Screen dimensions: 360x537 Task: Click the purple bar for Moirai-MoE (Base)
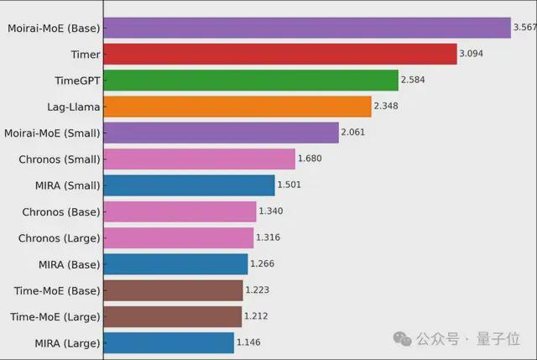(x=306, y=29)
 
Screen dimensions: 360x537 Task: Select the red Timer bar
(x=279, y=55)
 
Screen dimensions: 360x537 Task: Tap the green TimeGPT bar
(x=250, y=81)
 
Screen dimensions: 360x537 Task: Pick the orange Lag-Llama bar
(x=237, y=107)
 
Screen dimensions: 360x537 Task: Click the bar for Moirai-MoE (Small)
(x=221, y=133)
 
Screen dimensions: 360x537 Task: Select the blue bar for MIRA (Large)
(x=168, y=342)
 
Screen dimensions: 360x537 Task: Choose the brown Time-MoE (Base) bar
(x=173, y=290)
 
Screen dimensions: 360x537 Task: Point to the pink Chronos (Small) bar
(x=199, y=159)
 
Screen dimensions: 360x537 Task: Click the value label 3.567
(x=524, y=28)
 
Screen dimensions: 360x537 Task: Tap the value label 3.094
(x=471, y=55)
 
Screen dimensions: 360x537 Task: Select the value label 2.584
(x=413, y=81)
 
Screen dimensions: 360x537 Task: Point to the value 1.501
(x=291, y=185)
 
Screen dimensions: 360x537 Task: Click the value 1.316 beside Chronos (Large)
(x=269, y=237)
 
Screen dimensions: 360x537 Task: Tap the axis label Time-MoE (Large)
(x=55, y=316)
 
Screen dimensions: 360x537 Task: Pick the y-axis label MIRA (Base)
(x=69, y=264)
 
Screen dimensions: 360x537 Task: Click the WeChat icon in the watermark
(x=404, y=339)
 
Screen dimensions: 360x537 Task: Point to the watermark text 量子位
(x=502, y=339)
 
